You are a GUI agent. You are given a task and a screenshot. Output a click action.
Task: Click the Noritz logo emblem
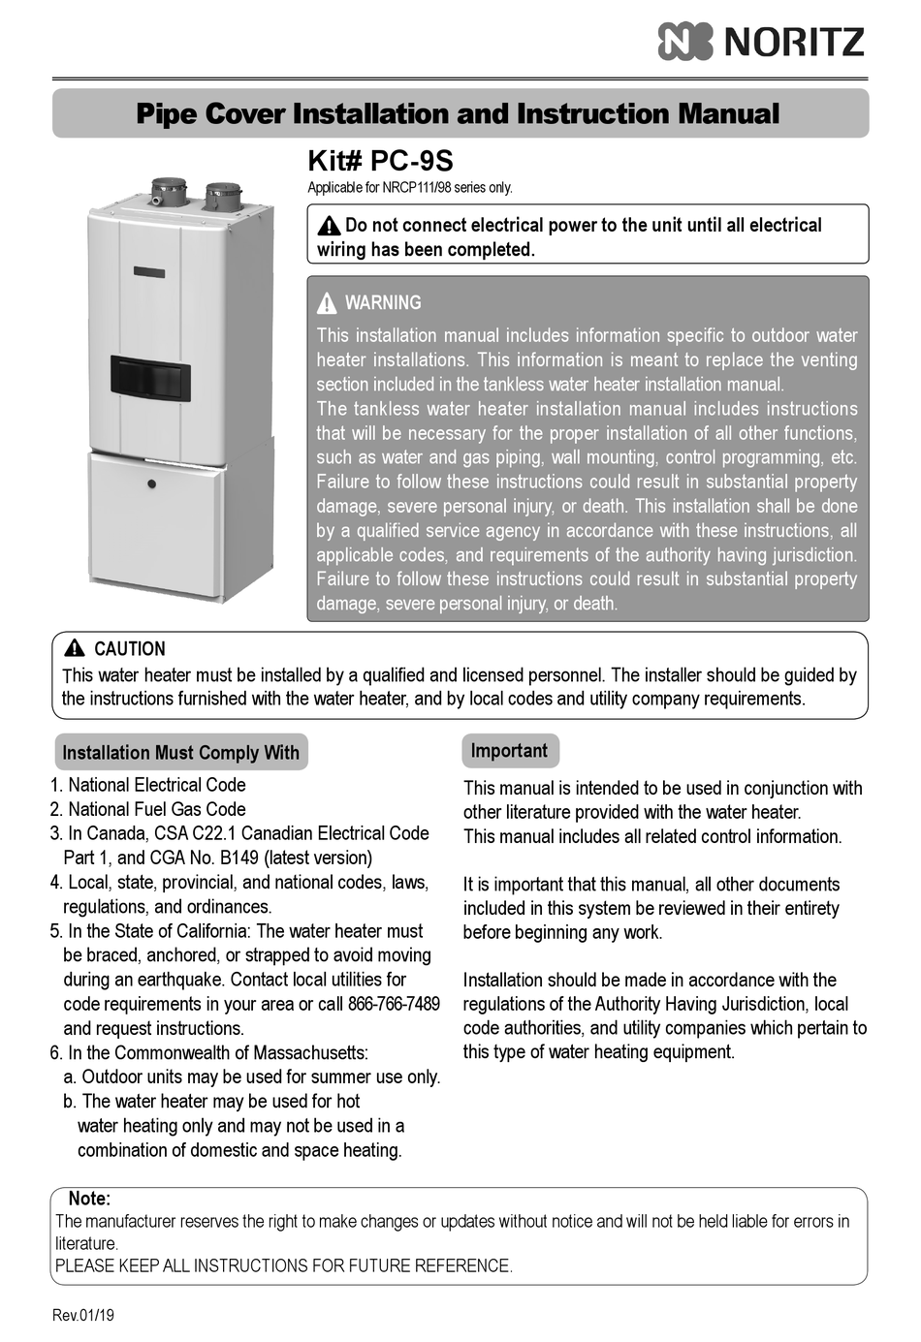(684, 42)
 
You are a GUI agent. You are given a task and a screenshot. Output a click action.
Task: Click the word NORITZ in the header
(794, 43)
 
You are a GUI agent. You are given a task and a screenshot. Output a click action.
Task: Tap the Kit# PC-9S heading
(380, 161)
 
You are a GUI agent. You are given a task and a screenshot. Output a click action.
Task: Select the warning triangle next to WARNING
(328, 303)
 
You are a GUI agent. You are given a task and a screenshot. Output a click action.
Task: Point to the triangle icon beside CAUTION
(75, 649)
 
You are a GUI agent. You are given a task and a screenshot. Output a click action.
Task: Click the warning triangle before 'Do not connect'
(330, 226)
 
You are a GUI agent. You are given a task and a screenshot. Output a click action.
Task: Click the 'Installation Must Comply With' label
(180, 753)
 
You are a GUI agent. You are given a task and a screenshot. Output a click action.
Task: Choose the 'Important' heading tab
(509, 751)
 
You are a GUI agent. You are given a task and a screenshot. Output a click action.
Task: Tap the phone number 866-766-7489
(393, 1004)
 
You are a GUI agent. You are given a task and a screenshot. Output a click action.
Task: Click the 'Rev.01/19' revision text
(83, 1315)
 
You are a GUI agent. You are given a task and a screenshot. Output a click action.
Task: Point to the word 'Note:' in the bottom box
(89, 1199)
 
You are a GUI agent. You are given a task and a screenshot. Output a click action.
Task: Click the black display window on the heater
(150, 377)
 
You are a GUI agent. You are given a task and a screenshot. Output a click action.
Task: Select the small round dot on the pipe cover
(151, 484)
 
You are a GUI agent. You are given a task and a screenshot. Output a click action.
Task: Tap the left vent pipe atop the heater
(168, 189)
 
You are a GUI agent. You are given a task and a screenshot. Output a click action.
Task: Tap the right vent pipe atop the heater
(223, 195)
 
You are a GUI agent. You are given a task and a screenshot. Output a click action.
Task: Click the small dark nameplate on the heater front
(149, 272)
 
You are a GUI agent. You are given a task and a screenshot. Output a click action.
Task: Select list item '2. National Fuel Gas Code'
(147, 809)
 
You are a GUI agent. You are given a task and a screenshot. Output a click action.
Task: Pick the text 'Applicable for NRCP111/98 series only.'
(409, 188)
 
